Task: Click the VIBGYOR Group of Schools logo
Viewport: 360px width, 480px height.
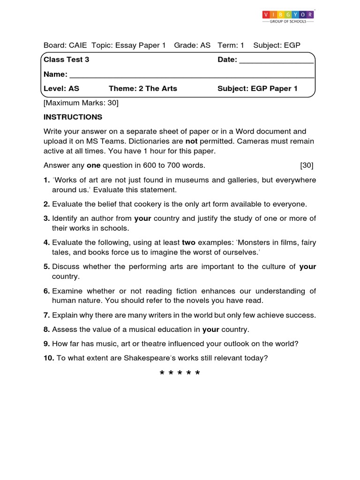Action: tap(288, 17)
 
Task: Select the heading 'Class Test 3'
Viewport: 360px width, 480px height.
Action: tap(66, 60)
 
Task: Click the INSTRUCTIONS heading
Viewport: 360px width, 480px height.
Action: tap(73, 117)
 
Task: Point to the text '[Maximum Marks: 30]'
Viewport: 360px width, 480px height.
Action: tap(81, 102)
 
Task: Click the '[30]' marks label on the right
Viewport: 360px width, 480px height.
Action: tap(307, 165)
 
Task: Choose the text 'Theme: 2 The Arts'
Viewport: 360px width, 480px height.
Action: tap(143, 89)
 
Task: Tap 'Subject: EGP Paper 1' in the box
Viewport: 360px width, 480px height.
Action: tap(257, 89)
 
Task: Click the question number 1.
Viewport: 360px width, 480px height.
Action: tap(46, 180)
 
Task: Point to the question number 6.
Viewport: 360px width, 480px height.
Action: tap(46, 291)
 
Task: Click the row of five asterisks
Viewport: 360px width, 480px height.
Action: tap(180, 374)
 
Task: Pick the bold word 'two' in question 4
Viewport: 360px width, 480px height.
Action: tap(189, 242)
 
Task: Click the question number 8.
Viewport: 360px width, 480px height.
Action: tap(46, 329)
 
